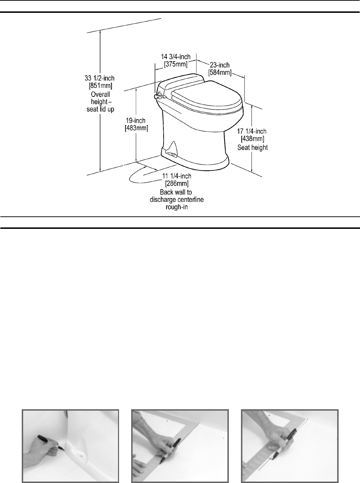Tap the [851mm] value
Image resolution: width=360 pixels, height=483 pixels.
(x=100, y=86)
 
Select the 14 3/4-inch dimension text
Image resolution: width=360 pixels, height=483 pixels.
(x=176, y=57)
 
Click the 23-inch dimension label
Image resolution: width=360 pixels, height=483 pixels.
(x=220, y=65)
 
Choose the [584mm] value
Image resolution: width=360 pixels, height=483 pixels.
(x=220, y=73)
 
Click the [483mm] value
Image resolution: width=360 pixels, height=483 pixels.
(x=136, y=128)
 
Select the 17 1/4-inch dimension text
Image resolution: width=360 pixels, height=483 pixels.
(x=252, y=132)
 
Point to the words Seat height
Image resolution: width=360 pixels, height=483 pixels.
(x=253, y=148)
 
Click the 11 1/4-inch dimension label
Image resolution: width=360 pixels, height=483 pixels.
(x=177, y=176)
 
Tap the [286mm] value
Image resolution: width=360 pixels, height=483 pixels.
(x=177, y=184)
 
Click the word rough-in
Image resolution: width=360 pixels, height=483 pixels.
(x=177, y=207)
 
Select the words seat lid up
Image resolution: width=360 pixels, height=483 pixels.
(x=101, y=109)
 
